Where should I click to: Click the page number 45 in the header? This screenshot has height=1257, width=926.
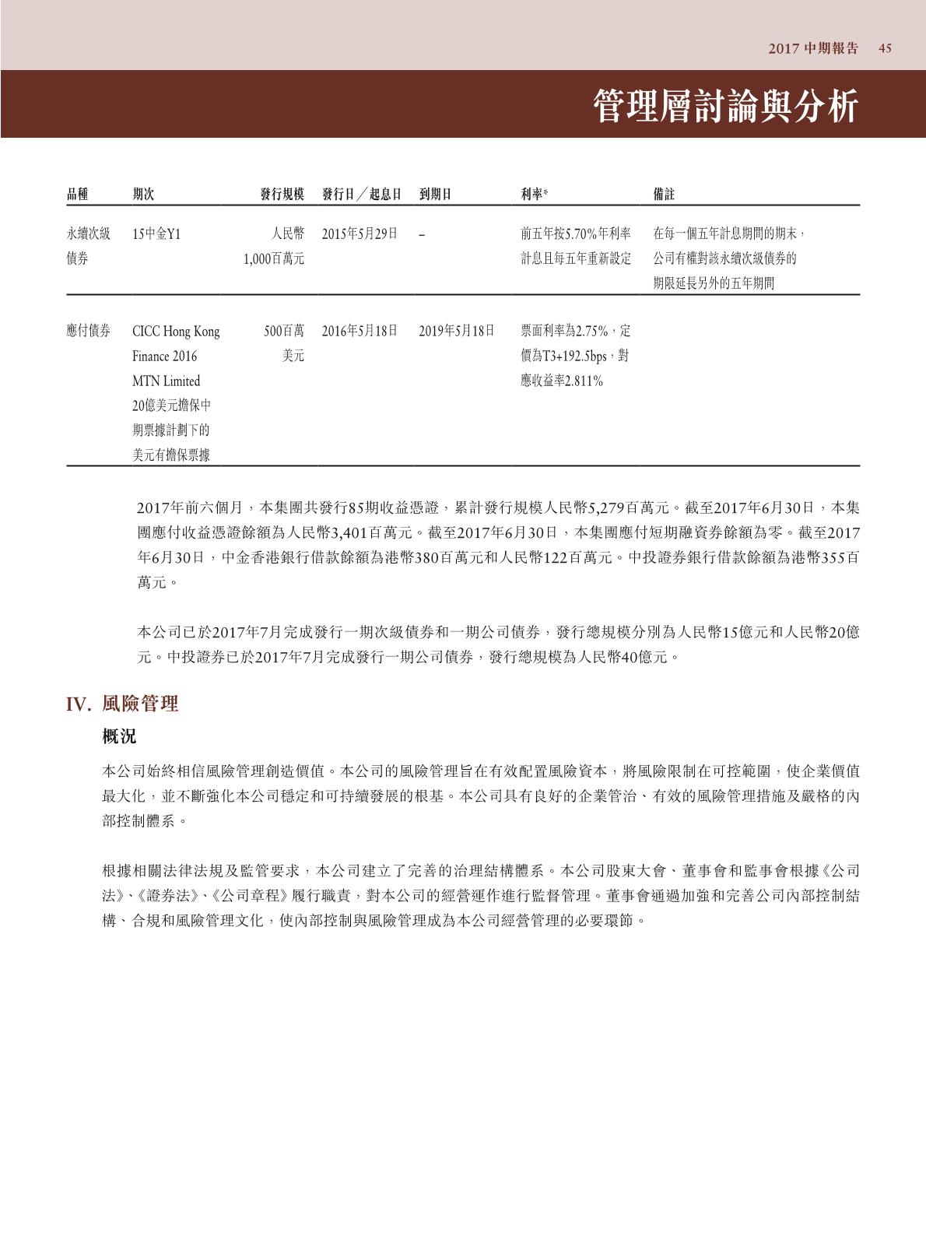[885, 48]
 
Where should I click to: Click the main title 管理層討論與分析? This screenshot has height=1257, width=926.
[726, 106]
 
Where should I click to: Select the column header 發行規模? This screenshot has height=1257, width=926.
[282, 194]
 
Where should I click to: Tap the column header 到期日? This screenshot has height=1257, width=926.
[435, 194]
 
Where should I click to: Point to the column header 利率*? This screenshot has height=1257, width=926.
[535, 194]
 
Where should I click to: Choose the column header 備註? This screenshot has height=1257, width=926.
[664, 194]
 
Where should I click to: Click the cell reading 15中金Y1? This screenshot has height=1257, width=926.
[156, 233]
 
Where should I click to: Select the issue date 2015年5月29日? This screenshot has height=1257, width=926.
[360, 233]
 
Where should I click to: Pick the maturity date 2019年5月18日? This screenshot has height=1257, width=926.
[457, 331]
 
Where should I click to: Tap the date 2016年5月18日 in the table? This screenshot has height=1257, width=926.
[360, 331]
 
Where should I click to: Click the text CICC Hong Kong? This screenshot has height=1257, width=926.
[176, 332]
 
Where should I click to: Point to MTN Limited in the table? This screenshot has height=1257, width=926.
[166, 381]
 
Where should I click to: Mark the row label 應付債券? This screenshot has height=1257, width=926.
[88, 331]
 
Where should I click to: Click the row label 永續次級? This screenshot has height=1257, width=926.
[88, 233]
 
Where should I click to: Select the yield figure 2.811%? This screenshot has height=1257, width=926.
[582, 381]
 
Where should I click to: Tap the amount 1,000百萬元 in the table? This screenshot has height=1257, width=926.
[273, 258]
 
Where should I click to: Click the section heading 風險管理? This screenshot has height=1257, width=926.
[140, 704]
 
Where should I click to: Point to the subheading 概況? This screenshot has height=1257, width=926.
[119, 736]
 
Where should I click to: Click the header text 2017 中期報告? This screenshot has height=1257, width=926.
[813, 48]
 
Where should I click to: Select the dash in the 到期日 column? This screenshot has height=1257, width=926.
[421, 234]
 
